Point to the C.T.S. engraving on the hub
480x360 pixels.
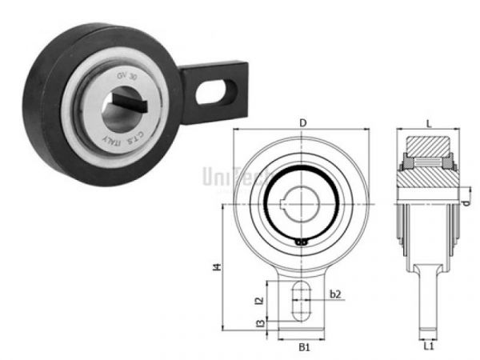pyautogui.click(x=138, y=135)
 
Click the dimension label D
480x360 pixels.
pyautogui.click(x=302, y=122)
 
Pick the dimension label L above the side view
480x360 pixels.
pyautogui.click(x=430, y=122)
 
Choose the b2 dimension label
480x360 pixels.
pyautogui.click(x=336, y=294)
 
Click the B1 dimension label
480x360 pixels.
pyautogui.click(x=302, y=348)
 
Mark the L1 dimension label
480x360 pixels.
pyautogui.click(x=429, y=348)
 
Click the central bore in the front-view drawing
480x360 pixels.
pyautogui.click(x=302, y=201)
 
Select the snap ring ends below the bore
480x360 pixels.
pyautogui.click(x=302, y=241)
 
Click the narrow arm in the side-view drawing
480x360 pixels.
pyautogui.click(x=429, y=300)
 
